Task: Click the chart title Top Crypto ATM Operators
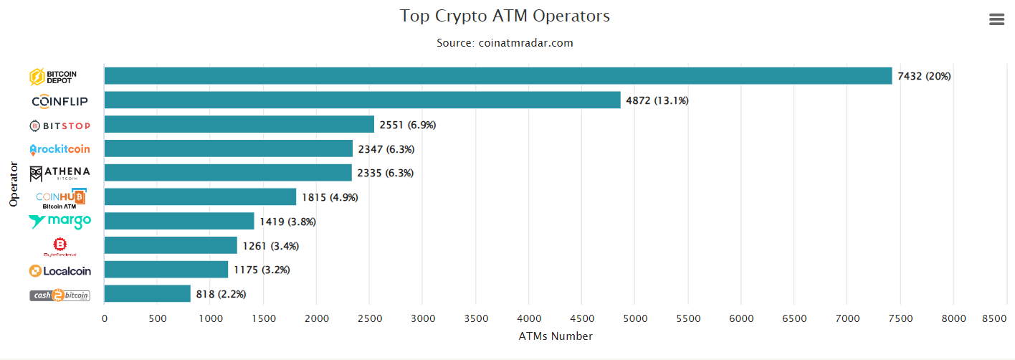505,16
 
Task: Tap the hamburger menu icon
996,19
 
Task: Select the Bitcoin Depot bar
498,76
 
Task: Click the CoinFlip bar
362,100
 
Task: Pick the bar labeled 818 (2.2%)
147,294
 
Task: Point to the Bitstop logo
60,126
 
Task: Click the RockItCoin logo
60,149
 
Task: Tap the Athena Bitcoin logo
60,174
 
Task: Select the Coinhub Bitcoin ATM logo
60,198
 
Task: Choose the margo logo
60,222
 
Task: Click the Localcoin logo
60,270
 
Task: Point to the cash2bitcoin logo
60,295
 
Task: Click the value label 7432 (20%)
924,76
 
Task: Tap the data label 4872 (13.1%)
657,100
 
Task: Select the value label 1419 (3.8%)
287,222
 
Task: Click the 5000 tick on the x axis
634,318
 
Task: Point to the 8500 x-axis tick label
995,318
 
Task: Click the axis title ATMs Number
556,336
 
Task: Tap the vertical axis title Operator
14,184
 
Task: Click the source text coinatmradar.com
505,43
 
